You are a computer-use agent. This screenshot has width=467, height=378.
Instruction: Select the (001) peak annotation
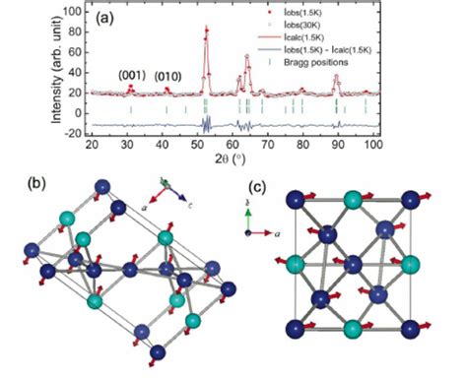[x=133, y=74]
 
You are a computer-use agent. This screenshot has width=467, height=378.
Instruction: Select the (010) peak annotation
[x=169, y=74]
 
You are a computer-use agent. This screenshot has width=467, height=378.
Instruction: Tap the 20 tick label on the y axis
[x=75, y=93]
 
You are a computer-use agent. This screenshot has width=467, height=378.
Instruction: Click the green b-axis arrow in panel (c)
[x=249, y=220]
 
